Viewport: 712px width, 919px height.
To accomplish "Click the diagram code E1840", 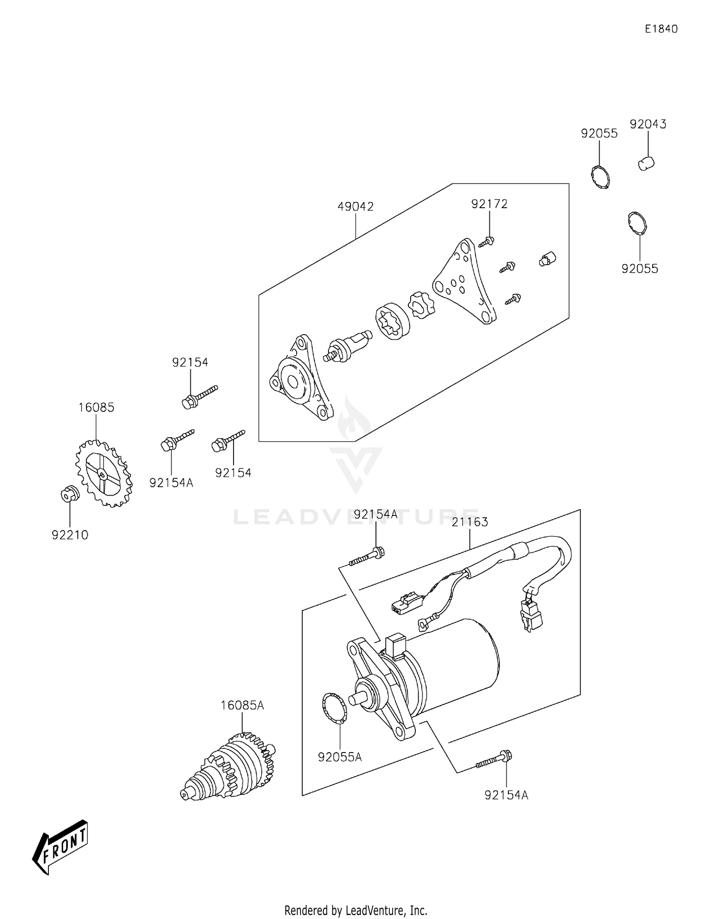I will [x=661, y=29].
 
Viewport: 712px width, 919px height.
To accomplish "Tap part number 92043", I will [x=648, y=124].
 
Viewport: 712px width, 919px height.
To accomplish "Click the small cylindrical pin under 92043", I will [x=646, y=164].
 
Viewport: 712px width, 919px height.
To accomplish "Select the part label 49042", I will [x=356, y=207].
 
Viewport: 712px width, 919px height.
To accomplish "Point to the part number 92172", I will [x=489, y=204].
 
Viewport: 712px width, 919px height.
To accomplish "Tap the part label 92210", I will [x=70, y=535].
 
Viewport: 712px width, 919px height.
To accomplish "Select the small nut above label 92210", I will [x=69, y=494].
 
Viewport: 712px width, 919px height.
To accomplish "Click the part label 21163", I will [x=470, y=522].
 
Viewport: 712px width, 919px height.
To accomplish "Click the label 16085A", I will [x=242, y=705].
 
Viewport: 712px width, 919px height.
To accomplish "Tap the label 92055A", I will [x=340, y=757].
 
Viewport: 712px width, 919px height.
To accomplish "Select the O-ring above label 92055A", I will [x=334, y=709].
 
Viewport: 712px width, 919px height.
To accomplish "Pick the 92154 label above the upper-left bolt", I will [x=190, y=362].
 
